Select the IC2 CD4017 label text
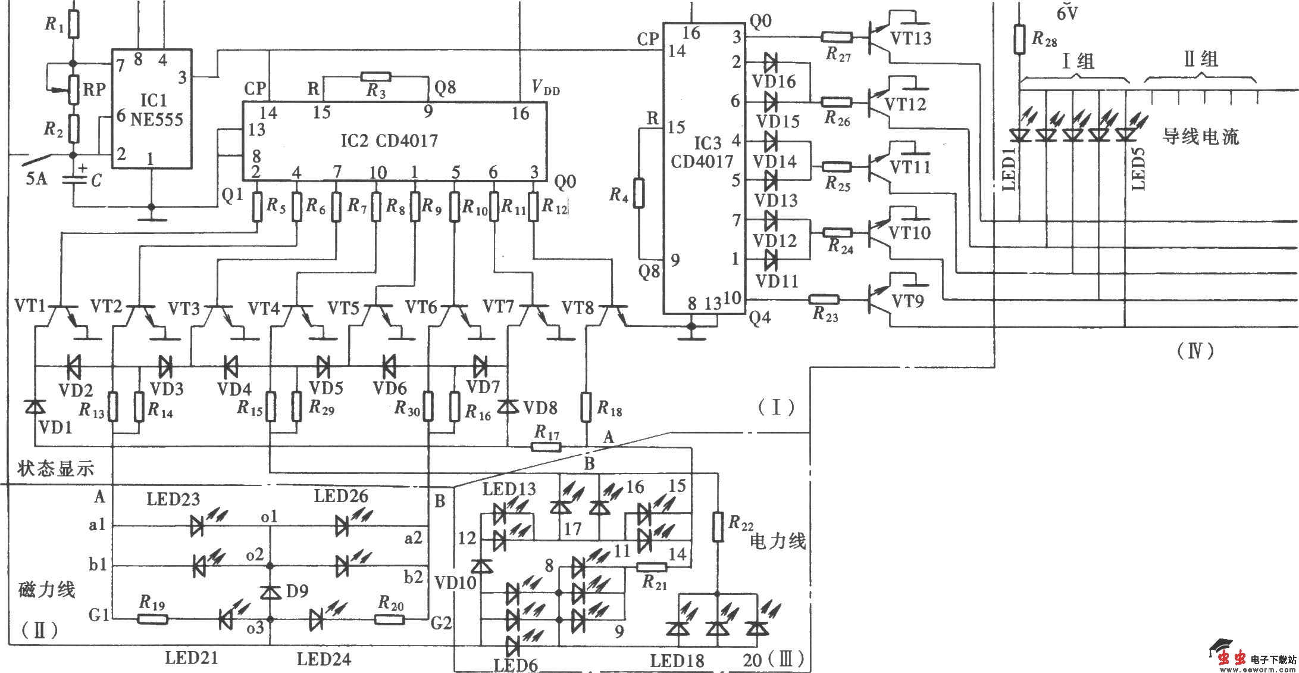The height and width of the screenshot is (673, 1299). click(389, 141)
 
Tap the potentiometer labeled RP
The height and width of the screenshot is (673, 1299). click(74, 89)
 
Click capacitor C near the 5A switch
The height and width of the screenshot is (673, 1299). click(74, 179)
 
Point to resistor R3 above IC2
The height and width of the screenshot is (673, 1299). click(375, 76)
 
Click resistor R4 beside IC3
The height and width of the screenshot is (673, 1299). click(638, 194)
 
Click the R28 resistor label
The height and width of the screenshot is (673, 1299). click(1044, 39)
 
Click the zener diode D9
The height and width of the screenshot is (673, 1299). click(271, 592)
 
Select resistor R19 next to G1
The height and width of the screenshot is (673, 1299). click(153, 619)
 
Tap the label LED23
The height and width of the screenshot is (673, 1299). click(173, 498)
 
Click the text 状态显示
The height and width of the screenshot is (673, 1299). click(55, 468)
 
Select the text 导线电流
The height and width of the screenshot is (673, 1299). click(1201, 136)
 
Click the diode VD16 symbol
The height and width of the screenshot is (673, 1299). click(771, 61)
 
